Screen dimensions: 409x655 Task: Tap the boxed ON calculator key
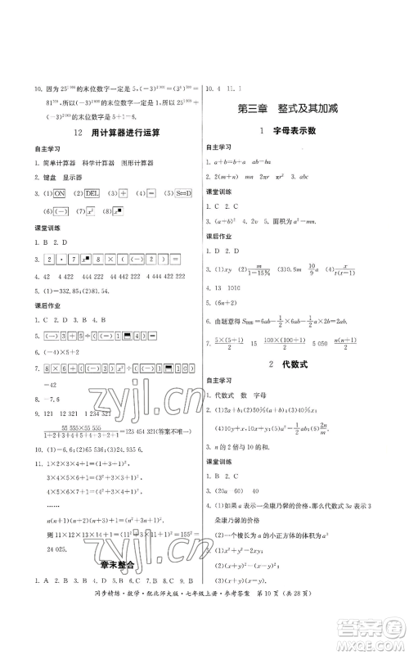[x=59, y=193]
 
